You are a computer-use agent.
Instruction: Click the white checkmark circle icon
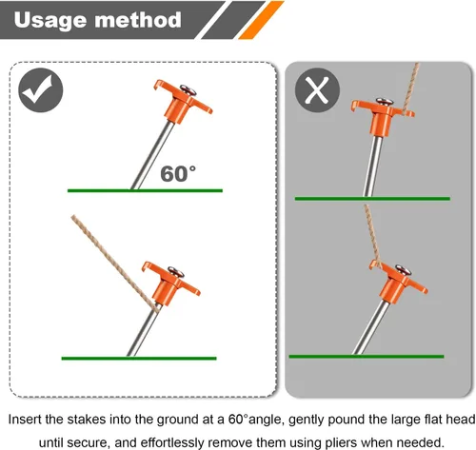[41, 90]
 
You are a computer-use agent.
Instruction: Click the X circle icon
[317, 90]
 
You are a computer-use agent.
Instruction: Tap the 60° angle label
[178, 174]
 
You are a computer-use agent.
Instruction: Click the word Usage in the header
[50, 20]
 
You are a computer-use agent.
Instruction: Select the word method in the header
[138, 20]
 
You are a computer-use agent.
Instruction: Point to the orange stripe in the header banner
[261, 20]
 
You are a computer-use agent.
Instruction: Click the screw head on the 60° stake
[188, 89]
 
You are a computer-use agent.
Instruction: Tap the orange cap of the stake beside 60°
[182, 101]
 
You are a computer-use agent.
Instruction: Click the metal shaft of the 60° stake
[152, 155]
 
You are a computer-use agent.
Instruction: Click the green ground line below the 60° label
[145, 190]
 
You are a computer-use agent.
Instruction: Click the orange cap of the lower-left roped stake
[170, 284]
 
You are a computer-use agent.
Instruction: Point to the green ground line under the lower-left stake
[139, 359]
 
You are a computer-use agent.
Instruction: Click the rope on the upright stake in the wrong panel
[411, 88]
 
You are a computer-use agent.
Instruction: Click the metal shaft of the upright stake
[373, 166]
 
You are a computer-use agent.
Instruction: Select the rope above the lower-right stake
[373, 236]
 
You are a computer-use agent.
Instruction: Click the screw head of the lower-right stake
[403, 269]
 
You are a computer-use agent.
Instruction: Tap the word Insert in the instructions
[25, 420]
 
